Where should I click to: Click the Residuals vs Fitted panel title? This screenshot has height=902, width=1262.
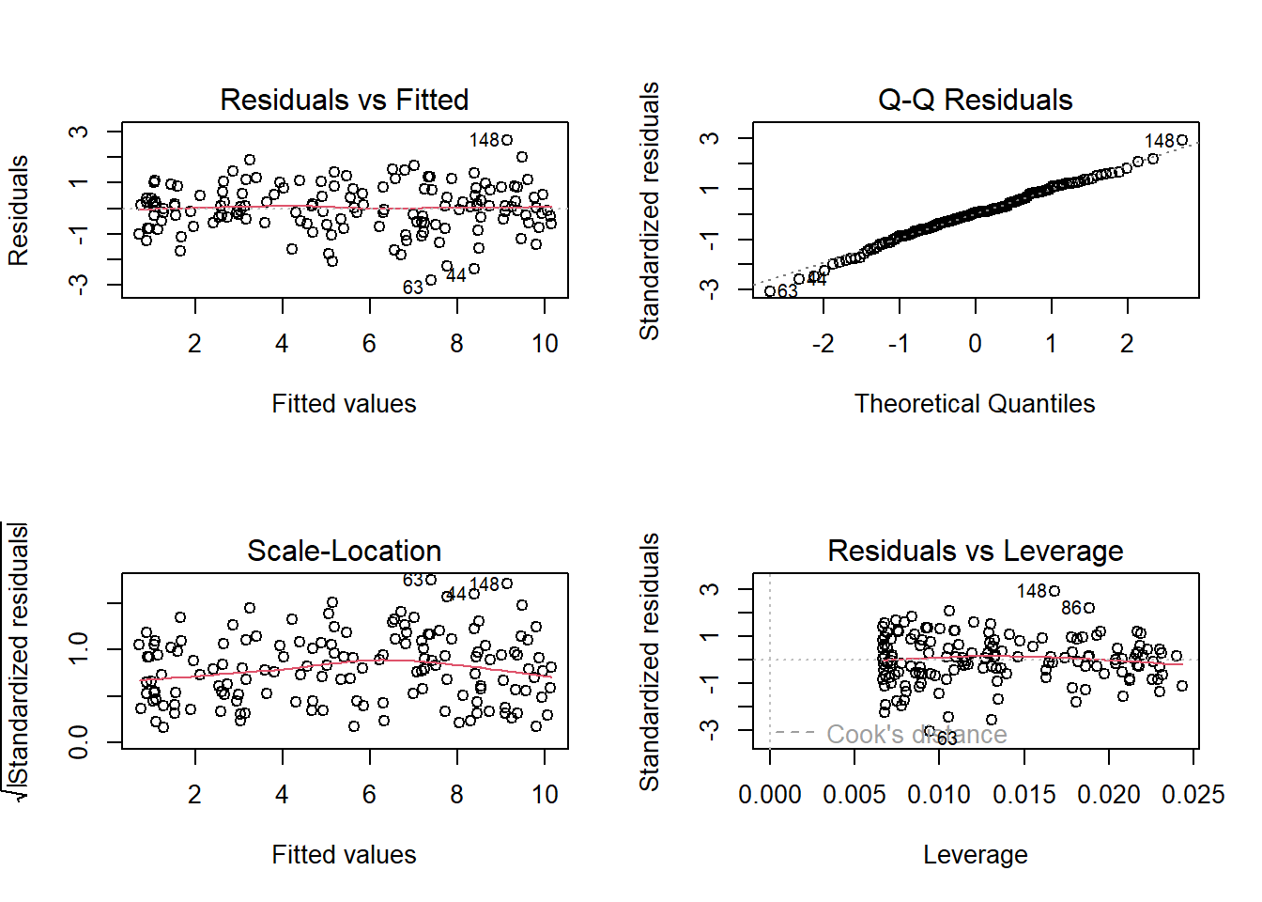(344, 100)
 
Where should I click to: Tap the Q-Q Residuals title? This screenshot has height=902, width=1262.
(975, 100)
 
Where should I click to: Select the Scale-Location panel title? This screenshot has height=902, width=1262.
(344, 551)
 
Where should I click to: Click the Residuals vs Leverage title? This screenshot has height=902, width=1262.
(975, 551)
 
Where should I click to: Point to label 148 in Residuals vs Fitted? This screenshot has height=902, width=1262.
(485, 140)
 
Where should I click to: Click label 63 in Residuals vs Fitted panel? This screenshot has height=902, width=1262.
(413, 288)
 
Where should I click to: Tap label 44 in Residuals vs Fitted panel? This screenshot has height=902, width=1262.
(455, 275)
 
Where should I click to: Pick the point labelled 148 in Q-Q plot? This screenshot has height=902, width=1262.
(1182, 140)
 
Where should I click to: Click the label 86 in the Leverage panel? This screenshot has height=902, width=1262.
(1071, 608)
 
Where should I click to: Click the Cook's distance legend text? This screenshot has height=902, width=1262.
(916, 734)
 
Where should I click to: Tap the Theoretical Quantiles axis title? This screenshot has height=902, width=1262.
(975, 404)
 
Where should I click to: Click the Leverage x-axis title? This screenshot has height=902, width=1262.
(975, 855)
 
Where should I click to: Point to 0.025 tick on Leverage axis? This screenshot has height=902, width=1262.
(1193, 795)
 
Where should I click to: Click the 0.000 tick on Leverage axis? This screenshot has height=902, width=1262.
(770, 795)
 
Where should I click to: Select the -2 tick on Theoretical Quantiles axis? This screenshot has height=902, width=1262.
(823, 344)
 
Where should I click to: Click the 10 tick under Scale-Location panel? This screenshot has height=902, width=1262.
(545, 795)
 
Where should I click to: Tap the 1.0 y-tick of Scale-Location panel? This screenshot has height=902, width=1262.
(79, 648)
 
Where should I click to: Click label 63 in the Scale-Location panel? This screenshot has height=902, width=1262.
(413, 580)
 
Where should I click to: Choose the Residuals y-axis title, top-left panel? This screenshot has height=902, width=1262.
(19, 210)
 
